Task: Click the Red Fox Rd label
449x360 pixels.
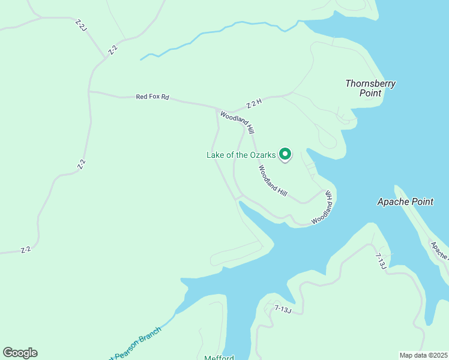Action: click(x=152, y=97)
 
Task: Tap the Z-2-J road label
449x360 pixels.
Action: click(x=81, y=26)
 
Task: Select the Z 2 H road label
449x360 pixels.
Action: click(x=255, y=104)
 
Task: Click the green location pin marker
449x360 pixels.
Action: click(x=285, y=155)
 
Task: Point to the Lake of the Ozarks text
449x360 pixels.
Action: click(x=241, y=155)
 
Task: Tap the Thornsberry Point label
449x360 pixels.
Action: click(x=370, y=88)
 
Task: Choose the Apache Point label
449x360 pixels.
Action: click(x=405, y=202)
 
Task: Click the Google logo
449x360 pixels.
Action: click(x=20, y=352)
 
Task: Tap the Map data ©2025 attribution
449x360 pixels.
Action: click(x=423, y=355)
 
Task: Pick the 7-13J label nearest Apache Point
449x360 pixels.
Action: click(x=380, y=261)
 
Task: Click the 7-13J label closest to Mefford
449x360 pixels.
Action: click(x=282, y=309)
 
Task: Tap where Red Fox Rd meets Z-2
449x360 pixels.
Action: click(x=89, y=92)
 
